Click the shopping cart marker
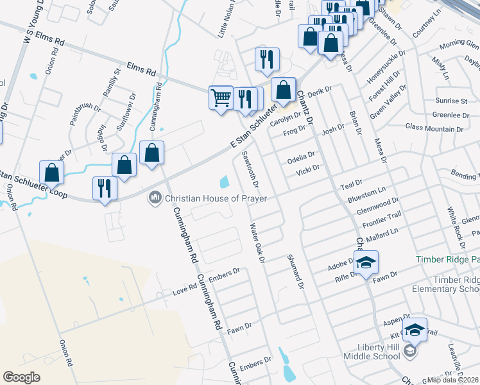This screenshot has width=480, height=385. (x=221, y=98)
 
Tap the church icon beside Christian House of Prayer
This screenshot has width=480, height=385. (x=154, y=198)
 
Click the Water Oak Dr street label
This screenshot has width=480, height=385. (x=257, y=242)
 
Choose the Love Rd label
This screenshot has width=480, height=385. (x=184, y=289)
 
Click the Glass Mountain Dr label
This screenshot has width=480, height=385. (x=434, y=128)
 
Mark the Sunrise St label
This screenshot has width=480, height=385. (x=451, y=101)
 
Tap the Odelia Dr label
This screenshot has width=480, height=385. (x=301, y=156)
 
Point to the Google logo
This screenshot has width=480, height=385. (x=21, y=377)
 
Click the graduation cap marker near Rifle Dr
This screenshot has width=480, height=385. (x=366, y=262)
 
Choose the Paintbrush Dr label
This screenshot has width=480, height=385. (x=83, y=109)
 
